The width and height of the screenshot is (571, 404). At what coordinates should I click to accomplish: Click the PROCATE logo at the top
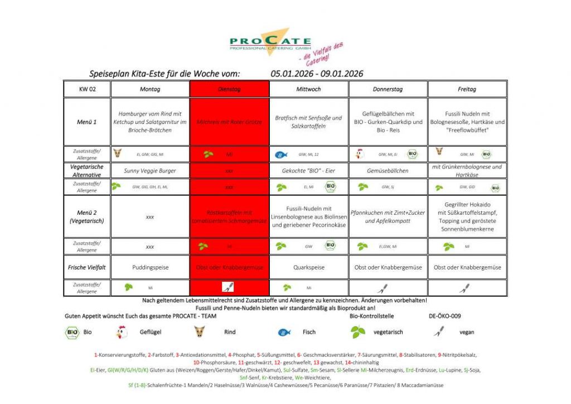(x=270, y=44)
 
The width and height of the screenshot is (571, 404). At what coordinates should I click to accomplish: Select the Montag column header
(x=150, y=89)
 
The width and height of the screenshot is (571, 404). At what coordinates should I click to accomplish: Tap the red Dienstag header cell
(x=229, y=89)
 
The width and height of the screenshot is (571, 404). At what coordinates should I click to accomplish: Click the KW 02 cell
(x=87, y=89)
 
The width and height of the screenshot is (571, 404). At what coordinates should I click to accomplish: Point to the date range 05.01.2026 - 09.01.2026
(x=317, y=74)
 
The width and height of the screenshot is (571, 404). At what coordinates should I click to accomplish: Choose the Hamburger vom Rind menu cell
(x=150, y=122)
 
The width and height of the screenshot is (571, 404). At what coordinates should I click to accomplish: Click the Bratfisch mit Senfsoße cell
(x=308, y=122)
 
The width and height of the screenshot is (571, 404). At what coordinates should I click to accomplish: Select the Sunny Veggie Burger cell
(x=150, y=170)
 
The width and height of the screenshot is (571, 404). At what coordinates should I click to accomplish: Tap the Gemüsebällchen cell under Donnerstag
(x=388, y=170)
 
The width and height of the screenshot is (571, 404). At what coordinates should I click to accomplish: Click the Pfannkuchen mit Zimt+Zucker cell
(x=388, y=217)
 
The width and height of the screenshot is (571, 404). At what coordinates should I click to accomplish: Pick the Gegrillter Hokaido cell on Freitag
(x=467, y=217)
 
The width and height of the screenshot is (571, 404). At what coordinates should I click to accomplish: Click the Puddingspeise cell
(x=150, y=267)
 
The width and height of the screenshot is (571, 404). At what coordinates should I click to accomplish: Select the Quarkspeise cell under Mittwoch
(x=308, y=267)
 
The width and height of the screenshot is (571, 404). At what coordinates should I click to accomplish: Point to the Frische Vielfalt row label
(x=87, y=267)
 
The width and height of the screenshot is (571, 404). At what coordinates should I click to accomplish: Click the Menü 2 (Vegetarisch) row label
(x=87, y=217)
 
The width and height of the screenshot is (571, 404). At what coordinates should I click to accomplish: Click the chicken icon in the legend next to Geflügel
(x=122, y=333)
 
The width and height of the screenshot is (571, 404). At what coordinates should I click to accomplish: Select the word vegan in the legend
(x=466, y=333)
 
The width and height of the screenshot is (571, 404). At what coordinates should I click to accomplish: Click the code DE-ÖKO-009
(x=443, y=316)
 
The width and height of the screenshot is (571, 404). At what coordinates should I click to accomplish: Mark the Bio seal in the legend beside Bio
(x=71, y=333)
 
